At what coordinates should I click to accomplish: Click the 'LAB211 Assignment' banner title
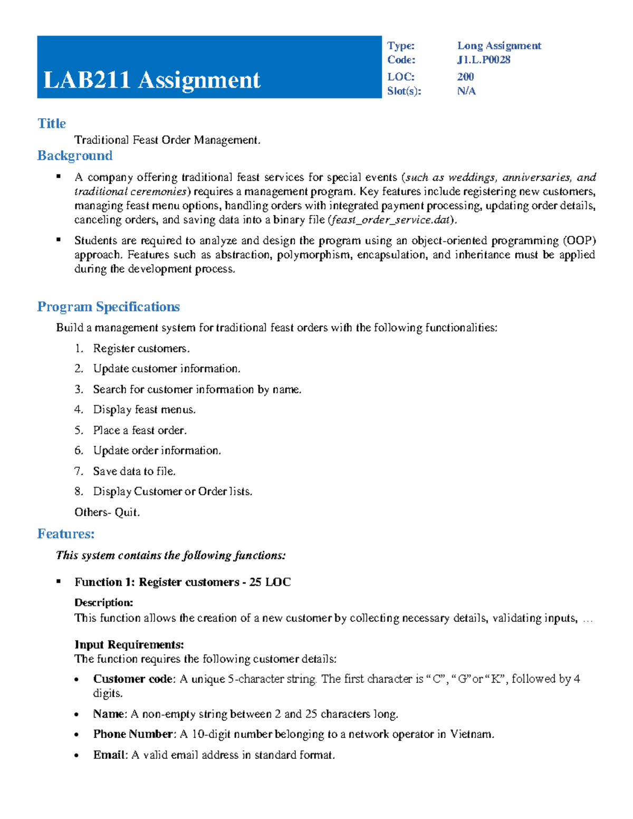[152, 80]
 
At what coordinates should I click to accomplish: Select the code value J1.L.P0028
[483, 60]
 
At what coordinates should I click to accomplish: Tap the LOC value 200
[465, 76]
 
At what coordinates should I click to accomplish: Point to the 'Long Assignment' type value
[498, 46]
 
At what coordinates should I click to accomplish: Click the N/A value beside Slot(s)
[466, 91]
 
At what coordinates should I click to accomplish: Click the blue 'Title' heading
[52, 123]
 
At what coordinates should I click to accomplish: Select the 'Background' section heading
[75, 156]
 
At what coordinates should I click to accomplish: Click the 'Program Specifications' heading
[108, 307]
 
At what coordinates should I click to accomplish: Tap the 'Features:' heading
[66, 534]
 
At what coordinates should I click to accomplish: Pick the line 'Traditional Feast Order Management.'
[167, 140]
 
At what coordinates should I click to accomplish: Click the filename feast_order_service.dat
[390, 220]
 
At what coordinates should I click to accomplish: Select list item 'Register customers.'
[141, 349]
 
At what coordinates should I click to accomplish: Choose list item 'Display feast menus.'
[144, 410]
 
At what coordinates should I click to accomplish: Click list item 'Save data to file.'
[134, 471]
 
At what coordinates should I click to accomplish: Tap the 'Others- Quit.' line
[107, 512]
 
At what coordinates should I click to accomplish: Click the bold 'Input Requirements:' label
[129, 644]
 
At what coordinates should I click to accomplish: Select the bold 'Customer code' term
[133, 679]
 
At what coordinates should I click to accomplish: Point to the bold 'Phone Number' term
[133, 734]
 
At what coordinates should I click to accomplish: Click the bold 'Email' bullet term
[110, 755]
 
